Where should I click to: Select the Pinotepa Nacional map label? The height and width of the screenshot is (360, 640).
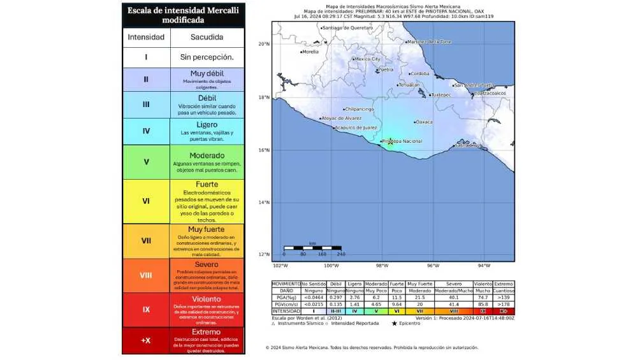click(402, 141)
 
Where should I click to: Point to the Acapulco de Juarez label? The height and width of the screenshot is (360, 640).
click(356, 127)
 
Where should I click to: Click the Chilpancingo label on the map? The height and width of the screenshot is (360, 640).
click(360, 109)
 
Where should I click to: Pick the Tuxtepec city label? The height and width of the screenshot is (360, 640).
click(441, 95)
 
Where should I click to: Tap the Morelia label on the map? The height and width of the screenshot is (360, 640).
click(310, 52)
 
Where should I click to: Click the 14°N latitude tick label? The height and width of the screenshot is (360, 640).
click(263, 202)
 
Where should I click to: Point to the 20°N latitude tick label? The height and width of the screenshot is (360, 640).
click(263, 44)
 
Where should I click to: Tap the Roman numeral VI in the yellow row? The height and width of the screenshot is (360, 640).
click(146, 201)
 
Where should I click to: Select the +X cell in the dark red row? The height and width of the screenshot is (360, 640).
click(146, 340)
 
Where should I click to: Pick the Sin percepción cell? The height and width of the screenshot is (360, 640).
click(207, 57)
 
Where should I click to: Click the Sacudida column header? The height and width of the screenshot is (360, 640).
click(207, 37)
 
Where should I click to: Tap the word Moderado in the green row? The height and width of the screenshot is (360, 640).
click(207, 155)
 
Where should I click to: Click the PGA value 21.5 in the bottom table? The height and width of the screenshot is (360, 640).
click(419, 298)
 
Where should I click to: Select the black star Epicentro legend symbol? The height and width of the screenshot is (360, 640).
click(395, 323)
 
